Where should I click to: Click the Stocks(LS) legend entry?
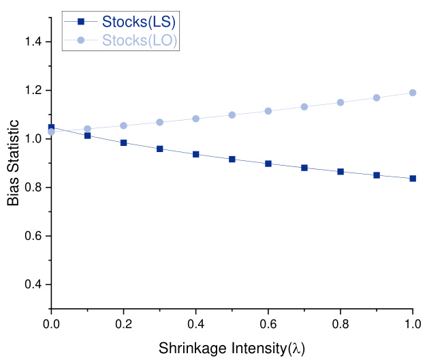[140, 21]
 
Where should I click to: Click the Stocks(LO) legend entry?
[140, 41]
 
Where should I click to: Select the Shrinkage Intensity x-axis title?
[232, 348]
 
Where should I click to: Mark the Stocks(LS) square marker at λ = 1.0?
[413, 179]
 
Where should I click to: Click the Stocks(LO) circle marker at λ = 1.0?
[413, 93]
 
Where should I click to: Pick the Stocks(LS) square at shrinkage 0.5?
[232, 159]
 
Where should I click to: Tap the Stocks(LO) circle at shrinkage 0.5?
[232, 115]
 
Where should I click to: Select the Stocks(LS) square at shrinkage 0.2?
[123, 142]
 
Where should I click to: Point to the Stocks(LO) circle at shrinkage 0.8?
[341, 102]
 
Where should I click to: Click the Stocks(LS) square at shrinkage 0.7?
[304, 168]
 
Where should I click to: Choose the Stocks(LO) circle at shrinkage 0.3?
[159, 122]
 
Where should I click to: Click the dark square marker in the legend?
[81, 21]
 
